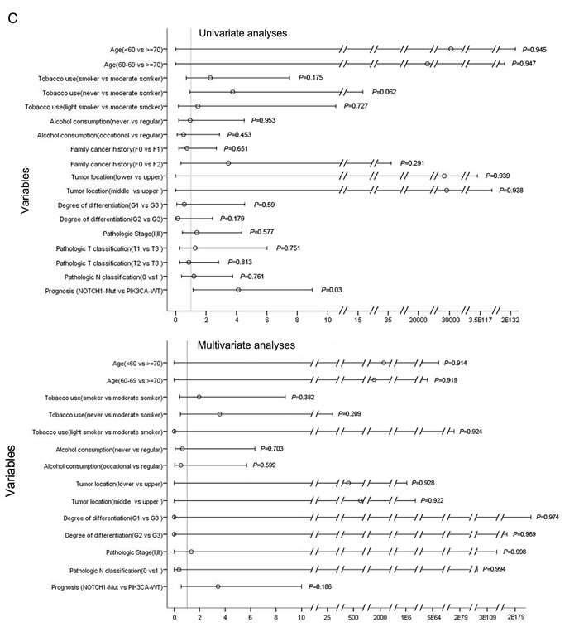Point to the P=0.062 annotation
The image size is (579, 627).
click(x=384, y=91)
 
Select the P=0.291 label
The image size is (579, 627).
click(x=412, y=163)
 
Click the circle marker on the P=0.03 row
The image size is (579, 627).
click(x=238, y=290)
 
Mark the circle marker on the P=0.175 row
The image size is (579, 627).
click(x=210, y=78)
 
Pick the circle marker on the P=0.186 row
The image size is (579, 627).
click(x=218, y=586)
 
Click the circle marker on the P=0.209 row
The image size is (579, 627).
click(x=219, y=414)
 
